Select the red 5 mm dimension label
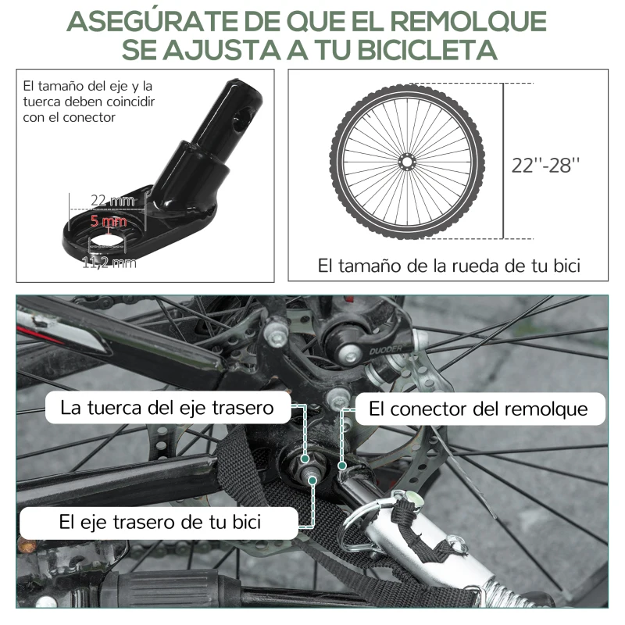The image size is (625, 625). [108, 222]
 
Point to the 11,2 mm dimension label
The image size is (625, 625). [109, 262]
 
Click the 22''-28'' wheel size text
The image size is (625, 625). [546, 165]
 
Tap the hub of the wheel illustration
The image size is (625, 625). [405, 162]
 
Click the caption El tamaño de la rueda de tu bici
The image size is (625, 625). [448, 266]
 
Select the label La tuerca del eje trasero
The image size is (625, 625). [167, 408]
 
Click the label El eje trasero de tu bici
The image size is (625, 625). [160, 521]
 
